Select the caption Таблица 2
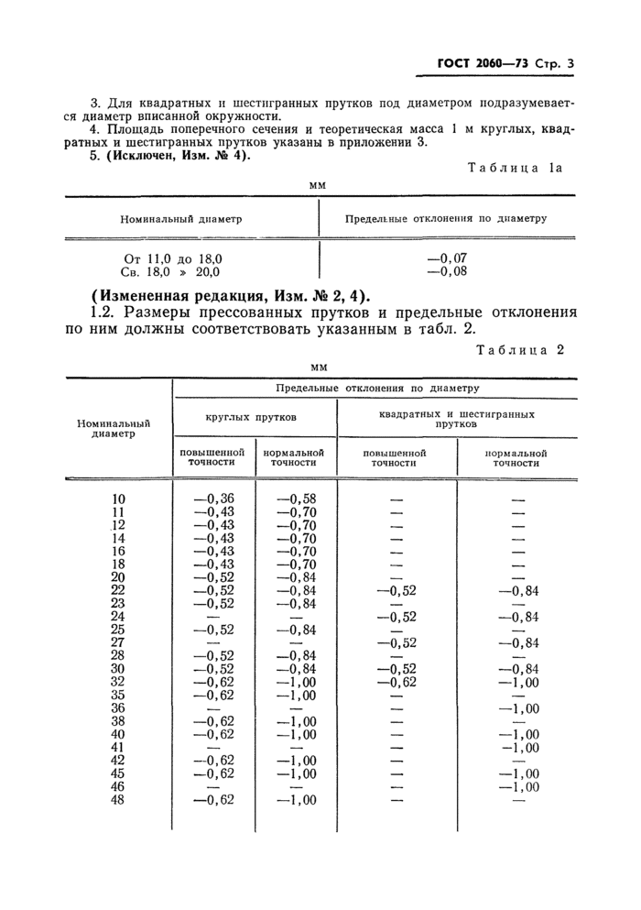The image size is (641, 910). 525,349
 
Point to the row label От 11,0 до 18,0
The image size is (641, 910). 173,259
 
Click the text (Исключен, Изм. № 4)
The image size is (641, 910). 179,155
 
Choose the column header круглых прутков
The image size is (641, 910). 254,416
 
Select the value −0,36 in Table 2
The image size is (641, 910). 213,499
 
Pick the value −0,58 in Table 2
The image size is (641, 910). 296,499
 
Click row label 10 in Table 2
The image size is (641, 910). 117,499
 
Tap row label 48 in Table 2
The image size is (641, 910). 117,800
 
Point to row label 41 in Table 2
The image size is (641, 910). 117,747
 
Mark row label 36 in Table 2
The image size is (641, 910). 117,707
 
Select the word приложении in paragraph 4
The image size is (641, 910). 385,142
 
